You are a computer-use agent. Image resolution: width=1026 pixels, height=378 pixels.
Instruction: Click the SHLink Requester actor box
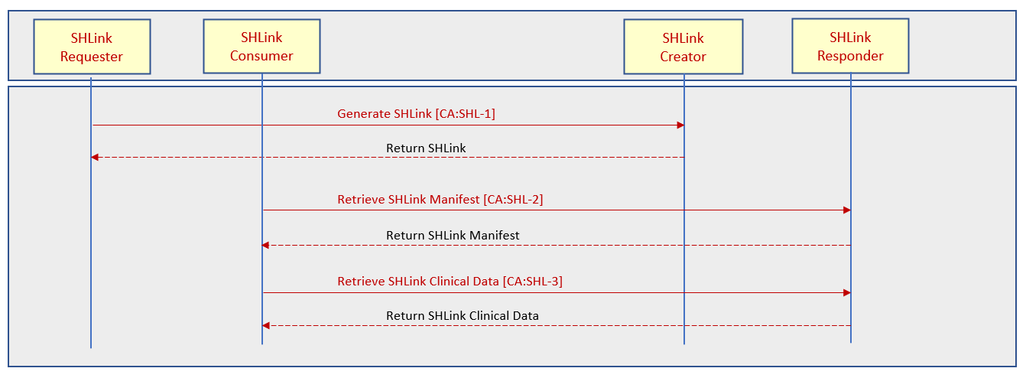[x=92, y=46]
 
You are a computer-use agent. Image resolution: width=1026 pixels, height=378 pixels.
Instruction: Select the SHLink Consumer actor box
[x=262, y=46]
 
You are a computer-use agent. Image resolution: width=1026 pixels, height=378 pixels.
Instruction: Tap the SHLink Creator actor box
[x=683, y=46]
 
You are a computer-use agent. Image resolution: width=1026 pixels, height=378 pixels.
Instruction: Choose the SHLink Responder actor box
[x=851, y=46]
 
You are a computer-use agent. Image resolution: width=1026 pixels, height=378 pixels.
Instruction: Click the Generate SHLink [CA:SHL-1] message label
[x=417, y=113]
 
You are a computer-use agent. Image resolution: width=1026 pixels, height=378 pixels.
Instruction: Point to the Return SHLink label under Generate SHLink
[x=426, y=148]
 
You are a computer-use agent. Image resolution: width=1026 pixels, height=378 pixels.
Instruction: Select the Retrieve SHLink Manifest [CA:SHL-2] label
[x=440, y=199]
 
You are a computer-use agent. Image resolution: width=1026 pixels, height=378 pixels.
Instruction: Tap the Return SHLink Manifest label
[x=453, y=235]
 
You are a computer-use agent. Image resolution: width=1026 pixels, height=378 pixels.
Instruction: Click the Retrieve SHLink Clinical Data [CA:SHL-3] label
[x=450, y=282]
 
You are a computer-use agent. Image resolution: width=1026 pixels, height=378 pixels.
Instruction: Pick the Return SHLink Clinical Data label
[x=462, y=316]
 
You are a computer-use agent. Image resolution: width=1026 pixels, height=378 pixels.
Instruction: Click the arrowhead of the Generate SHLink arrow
[x=680, y=125]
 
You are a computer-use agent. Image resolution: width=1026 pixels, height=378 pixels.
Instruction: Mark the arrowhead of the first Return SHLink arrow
[x=95, y=157]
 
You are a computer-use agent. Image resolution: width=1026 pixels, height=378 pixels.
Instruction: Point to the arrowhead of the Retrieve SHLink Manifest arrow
[x=847, y=210]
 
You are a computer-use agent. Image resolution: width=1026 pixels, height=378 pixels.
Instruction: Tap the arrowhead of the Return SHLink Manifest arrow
[x=265, y=245]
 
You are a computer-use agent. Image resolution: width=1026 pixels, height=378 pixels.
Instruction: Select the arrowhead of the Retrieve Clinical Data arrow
[x=847, y=292]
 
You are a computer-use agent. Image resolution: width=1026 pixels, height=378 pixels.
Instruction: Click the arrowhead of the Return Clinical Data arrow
[x=265, y=325]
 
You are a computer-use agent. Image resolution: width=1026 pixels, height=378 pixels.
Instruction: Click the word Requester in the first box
[x=92, y=57]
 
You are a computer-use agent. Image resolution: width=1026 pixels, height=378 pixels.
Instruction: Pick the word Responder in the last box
[x=851, y=55]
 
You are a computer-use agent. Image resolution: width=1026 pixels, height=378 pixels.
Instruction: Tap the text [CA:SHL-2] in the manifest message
[x=513, y=199]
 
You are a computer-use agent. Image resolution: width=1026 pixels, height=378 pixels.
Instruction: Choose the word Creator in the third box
[x=683, y=57]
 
